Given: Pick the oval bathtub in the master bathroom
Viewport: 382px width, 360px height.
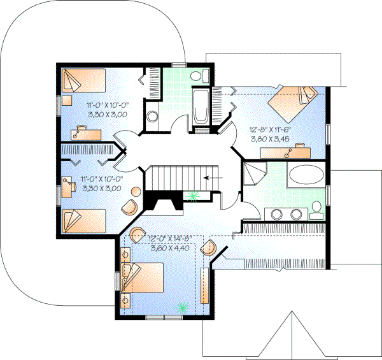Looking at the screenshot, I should click(306, 175).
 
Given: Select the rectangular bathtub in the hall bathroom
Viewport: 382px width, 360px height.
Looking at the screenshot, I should click(201, 106).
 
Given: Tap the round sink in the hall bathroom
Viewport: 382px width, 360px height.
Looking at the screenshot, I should click(153, 117).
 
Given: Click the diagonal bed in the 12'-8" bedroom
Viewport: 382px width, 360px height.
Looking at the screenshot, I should click(290, 101).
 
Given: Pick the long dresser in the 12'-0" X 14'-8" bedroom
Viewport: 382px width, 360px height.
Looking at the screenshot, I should click(204, 285).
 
